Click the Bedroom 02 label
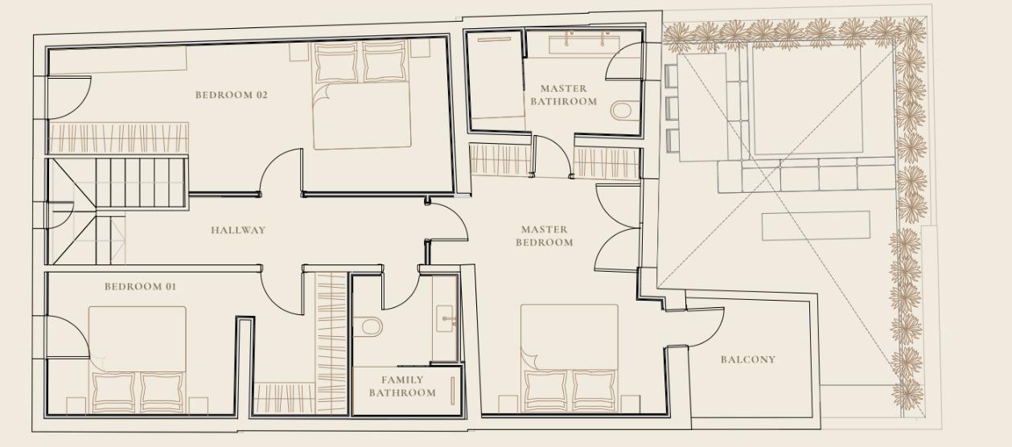click(232, 95)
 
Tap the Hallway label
click(238, 230)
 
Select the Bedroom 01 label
click(141, 287)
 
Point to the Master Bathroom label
click(563, 95)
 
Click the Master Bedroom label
click(545, 236)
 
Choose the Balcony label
click(747, 359)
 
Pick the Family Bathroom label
click(402, 386)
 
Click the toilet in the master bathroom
click(625, 110)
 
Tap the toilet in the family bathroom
click(368, 326)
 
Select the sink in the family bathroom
click(445, 318)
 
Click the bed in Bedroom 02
click(362, 95)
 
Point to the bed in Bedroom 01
click(138, 359)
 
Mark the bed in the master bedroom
click(570, 358)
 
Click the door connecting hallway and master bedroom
click(447, 221)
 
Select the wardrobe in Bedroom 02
click(118, 138)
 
